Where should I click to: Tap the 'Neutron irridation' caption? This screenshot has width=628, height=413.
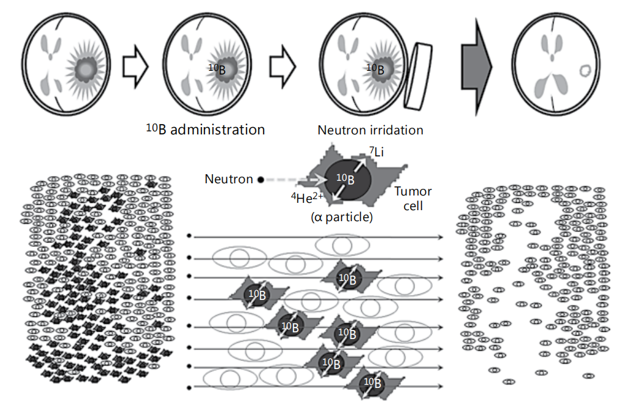click(370, 130)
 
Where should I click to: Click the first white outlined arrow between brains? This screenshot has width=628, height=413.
click(135, 67)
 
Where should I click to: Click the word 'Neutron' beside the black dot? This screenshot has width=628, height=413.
click(229, 180)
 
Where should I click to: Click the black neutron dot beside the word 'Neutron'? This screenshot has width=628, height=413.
click(261, 180)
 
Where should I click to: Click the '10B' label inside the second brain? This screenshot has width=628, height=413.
click(217, 69)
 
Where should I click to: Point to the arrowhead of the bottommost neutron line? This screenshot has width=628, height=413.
click(440, 387)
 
